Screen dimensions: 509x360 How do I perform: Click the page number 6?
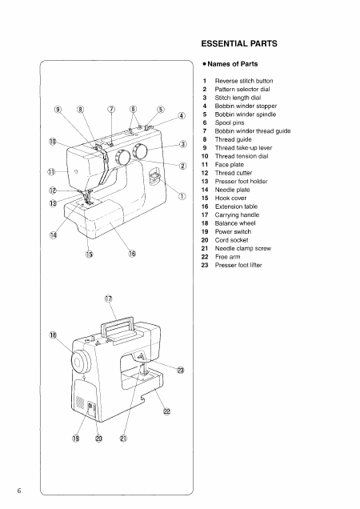8,489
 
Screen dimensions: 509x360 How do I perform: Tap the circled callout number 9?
56,109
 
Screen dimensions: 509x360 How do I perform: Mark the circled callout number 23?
180,371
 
